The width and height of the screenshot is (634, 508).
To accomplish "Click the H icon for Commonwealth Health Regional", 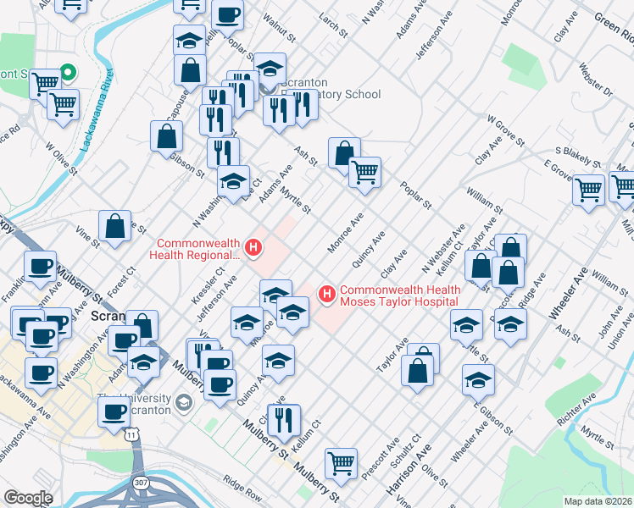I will [252, 247].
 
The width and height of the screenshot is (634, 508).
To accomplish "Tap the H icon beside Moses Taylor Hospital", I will [326, 294].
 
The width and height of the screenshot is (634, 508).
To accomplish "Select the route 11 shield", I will [131, 433].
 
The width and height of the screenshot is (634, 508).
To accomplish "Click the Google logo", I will [28, 498].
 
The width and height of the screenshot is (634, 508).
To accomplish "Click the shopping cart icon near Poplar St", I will [364, 172].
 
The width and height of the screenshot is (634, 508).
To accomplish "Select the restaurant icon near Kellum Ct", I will [284, 419].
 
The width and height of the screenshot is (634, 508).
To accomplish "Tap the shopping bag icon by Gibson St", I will [167, 135].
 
